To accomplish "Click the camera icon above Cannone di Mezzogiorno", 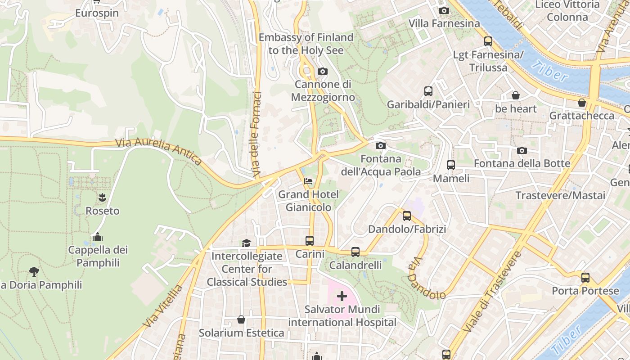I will click(x=322, y=71).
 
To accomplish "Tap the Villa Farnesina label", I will click(x=444, y=23).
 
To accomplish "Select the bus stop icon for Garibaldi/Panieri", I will click(x=428, y=91).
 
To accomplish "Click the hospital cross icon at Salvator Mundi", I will click(x=342, y=296).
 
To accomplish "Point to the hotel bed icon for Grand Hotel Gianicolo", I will click(x=308, y=181).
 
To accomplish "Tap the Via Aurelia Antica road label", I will click(x=158, y=151).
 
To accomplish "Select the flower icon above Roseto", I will click(x=102, y=197).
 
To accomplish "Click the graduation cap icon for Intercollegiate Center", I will click(x=246, y=243).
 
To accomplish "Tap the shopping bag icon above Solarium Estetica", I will click(x=241, y=319).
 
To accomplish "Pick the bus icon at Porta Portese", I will click(x=585, y=278).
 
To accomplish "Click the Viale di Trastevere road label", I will click(x=491, y=292).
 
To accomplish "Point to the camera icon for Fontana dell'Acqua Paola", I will click(x=381, y=145).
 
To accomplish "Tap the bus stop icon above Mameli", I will click(x=450, y=165).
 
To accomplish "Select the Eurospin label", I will click(x=97, y=13).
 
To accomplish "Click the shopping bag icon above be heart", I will click(x=516, y=95).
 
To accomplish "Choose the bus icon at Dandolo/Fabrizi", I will click(x=407, y=216).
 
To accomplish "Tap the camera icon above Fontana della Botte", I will click(x=522, y=150).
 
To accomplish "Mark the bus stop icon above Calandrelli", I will click(x=355, y=252).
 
